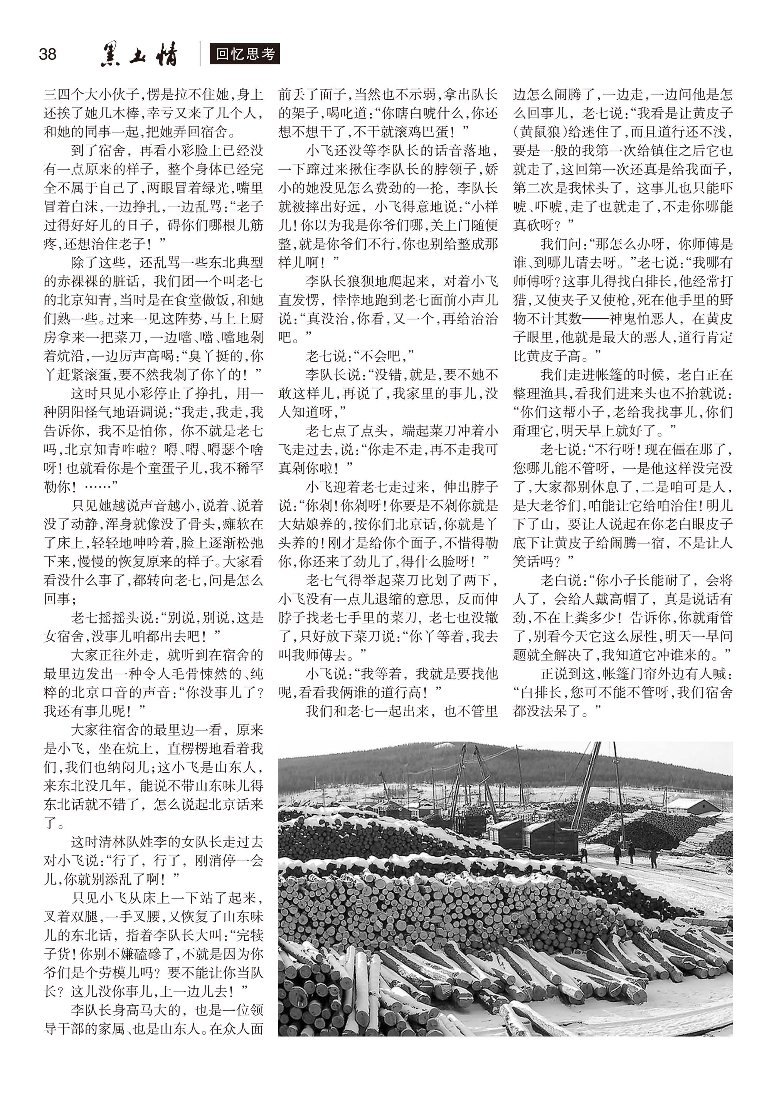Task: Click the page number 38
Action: [47, 54]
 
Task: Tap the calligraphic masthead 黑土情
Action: [139, 54]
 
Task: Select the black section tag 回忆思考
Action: [245, 54]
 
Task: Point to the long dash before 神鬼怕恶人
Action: [595, 319]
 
